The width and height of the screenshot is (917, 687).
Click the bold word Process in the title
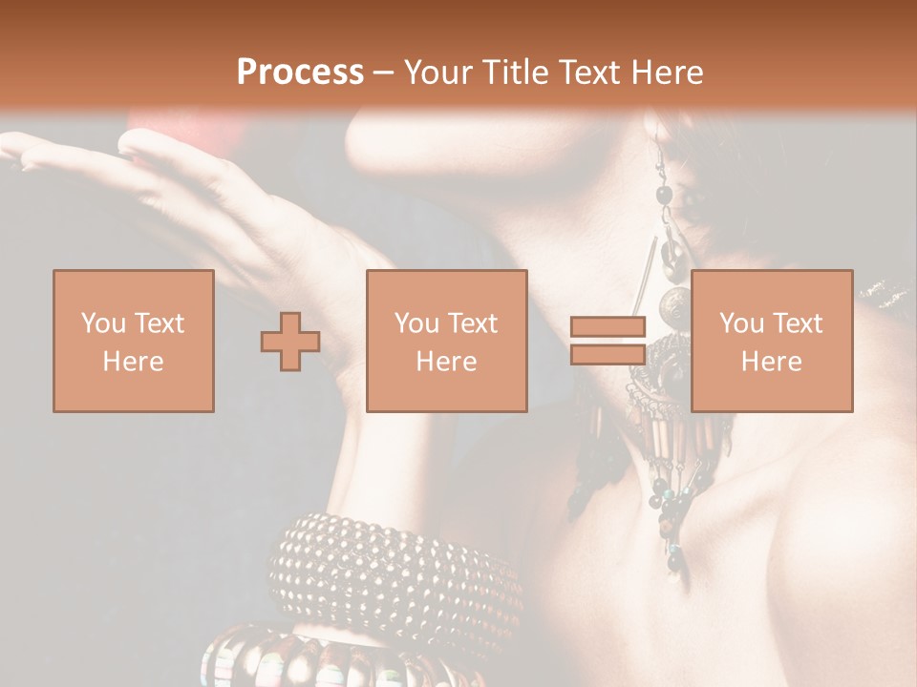click(x=300, y=73)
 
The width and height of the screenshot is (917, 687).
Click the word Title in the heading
click(x=513, y=73)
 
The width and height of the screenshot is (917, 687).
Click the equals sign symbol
click(x=608, y=341)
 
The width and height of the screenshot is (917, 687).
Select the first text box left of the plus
click(x=134, y=342)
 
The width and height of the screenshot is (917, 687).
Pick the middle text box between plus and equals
click(x=447, y=342)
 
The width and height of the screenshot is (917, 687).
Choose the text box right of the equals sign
click(x=772, y=342)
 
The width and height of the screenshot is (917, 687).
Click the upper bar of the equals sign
click(x=608, y=327)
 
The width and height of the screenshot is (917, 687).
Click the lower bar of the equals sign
click(x=608, y=355)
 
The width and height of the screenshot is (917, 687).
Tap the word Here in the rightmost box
click(x=772, y=362)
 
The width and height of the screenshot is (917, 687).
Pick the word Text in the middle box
click(x=474, y=323)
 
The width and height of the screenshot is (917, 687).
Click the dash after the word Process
click(x=384, y=73)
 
